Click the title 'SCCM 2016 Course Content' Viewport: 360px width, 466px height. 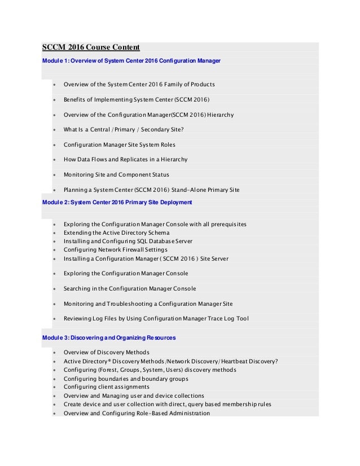(91, 47)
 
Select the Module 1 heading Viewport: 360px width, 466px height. (131, 60)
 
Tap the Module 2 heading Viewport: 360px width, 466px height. (117, 202)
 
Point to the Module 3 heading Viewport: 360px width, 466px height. (109, 338)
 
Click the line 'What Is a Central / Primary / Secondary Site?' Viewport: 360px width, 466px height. (124, 130)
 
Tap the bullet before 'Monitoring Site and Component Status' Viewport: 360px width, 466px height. (54, 175)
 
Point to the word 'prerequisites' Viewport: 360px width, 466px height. (226, 225)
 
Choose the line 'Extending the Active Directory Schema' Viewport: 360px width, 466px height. (116, 233)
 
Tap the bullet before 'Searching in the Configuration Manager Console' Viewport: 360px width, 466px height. (54, 289)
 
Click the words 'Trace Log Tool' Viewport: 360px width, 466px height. (226, 319)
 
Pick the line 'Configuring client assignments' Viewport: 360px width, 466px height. (106, 387)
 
